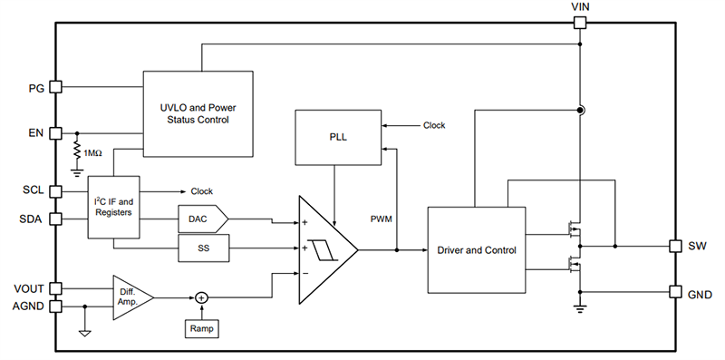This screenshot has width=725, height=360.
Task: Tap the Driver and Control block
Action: (476, 249)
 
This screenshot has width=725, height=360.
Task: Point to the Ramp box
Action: (202, 328)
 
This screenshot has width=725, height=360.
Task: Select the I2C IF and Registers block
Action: (114, 207)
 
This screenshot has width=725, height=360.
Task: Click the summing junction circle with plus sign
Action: (202, 297)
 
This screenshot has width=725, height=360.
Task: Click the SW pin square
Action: (674, 246)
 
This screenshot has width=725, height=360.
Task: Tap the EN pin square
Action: (55, 133)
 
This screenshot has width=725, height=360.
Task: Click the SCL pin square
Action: (55, 192)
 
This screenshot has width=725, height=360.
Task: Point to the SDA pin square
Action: (55, 218)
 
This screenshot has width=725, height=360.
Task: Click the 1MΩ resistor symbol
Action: (77, 152)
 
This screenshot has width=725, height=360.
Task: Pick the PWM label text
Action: (382, 220)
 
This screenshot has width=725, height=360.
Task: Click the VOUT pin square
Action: (55, 288)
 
